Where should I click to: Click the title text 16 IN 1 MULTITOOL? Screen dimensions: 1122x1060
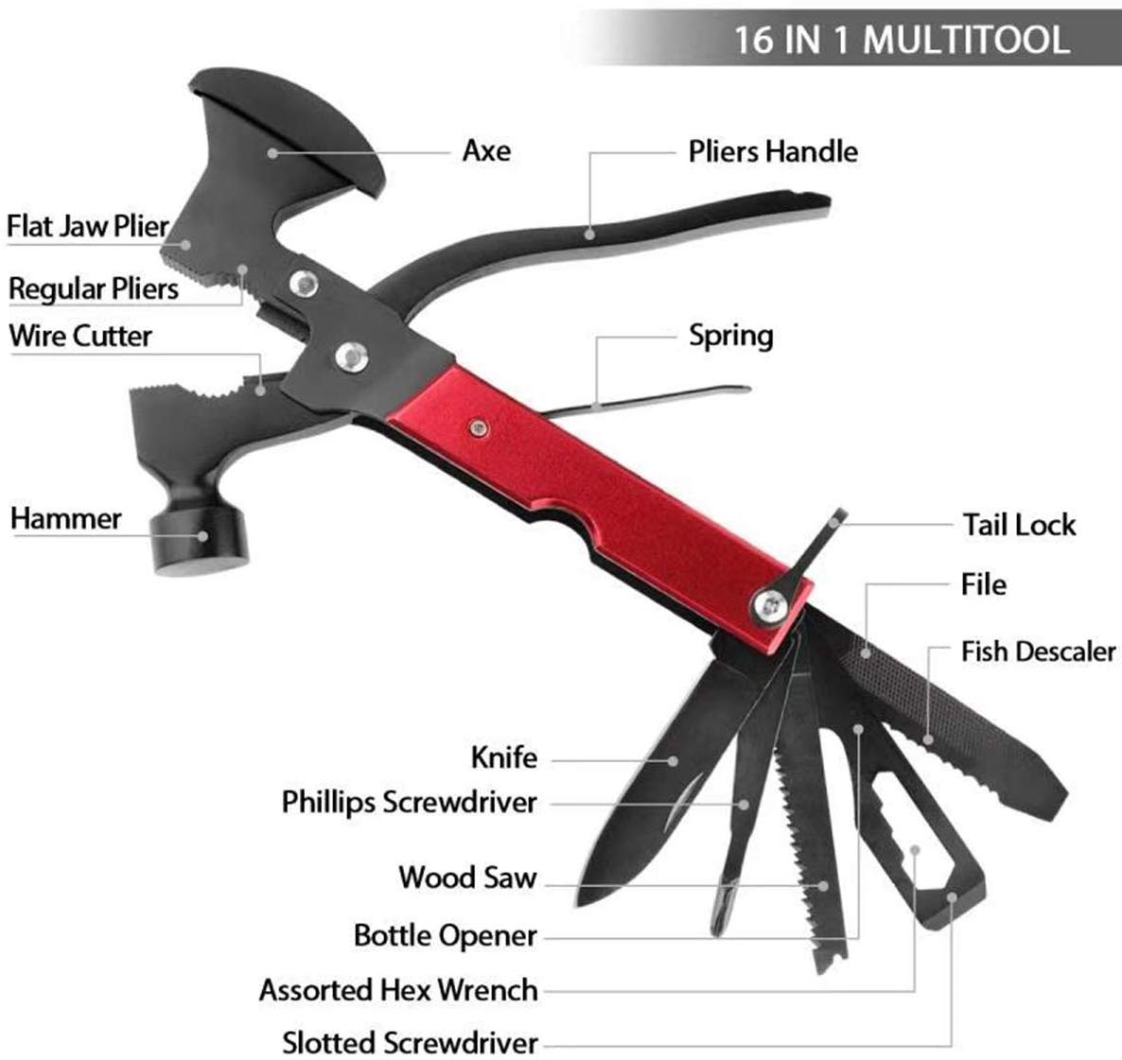click(901, 40)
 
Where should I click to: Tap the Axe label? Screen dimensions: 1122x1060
click(486, 150)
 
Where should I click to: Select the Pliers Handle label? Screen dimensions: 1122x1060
click(773, 151)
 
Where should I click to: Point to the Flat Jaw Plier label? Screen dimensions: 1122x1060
click(87, 227)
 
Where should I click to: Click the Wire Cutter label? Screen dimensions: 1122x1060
click(80, 336)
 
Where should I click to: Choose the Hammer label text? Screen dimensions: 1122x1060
click(66, 518)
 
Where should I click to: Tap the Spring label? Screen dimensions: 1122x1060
click(730, 336)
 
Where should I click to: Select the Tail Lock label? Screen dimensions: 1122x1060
click(1019, 525)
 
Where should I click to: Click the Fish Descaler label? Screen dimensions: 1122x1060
click(1038, 652)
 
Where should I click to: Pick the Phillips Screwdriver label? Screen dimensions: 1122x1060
click(409, 803)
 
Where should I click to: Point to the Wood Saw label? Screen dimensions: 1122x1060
click(467, 877)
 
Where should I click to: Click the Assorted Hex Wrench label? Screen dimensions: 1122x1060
click(398, 990)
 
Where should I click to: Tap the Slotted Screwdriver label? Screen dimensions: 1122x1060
click(410, 1043)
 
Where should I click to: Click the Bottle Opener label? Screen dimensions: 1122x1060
click(445, 936)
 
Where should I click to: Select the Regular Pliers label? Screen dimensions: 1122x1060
click(94, 288)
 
